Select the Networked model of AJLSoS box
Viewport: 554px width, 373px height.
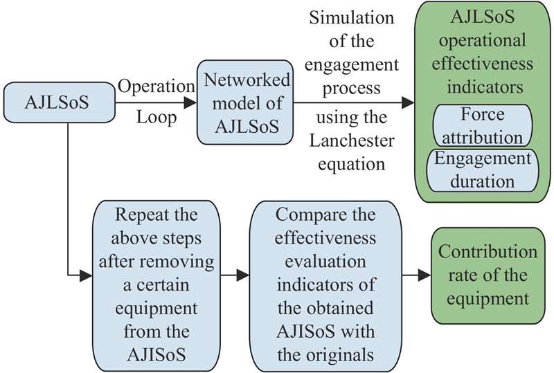pos(242,102)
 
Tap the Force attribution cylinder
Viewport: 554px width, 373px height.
pos(482,125)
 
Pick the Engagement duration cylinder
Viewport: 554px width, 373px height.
pos(482,170)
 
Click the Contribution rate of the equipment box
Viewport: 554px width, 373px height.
pos(488,275)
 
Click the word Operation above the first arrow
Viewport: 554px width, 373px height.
pos(156,87)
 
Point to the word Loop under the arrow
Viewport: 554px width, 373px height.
pos(156,118)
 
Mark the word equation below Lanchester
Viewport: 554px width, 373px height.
pos(351,164)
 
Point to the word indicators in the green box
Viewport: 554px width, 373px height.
pos(482,88)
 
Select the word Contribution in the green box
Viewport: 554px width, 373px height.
pos(488,251)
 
